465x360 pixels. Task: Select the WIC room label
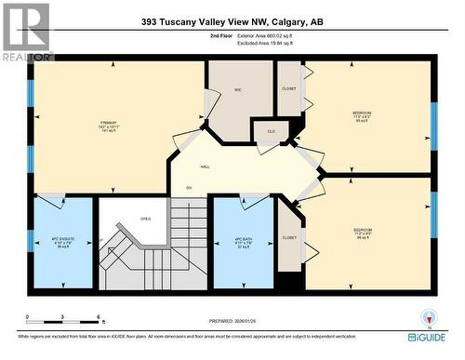(239, 89)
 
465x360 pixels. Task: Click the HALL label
(205, 167)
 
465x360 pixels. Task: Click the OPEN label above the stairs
(145, 220)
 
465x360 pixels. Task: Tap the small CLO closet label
(272, 131)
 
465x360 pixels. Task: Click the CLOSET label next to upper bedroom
(289, 88)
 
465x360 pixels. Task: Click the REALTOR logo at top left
(26, 31)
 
